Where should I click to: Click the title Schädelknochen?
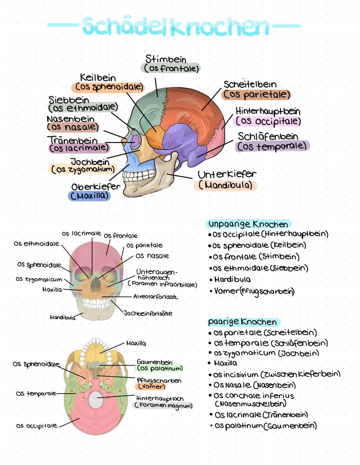pos(175,26)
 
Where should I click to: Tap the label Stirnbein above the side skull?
pos(166,59)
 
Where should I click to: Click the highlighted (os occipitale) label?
pos(268,121)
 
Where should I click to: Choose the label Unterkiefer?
pos(227,174)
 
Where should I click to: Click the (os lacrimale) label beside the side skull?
pos(79,148)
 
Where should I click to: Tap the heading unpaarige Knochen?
pos(248,224)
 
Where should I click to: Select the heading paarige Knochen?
pos(243,322)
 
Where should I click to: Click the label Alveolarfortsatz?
pos(155,297)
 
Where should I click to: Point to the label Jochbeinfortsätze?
pos(148,313)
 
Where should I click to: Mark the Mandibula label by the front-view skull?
pos(63,317)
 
